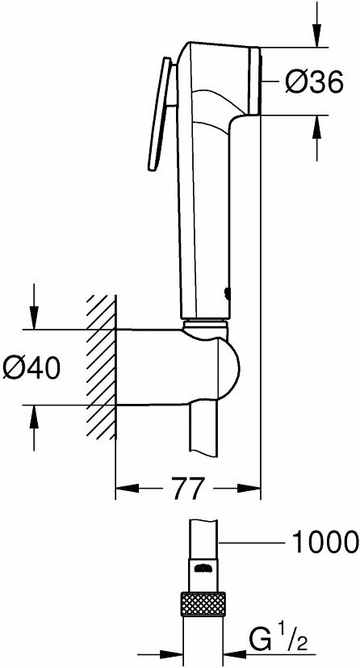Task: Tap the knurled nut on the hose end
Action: click(205, 603)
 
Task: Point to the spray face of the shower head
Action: click(257, 80)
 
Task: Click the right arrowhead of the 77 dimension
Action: click(251, 489)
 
